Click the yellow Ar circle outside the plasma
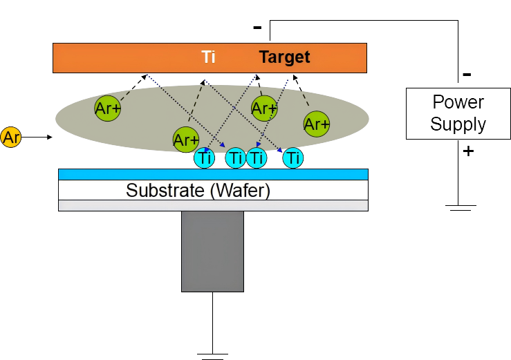[x=11, y=137]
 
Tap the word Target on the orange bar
[x=284, y=57]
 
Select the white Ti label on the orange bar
[x=208, y=57]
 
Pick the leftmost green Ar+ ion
[x=107, y=108]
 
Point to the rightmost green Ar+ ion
[x=316, y=124]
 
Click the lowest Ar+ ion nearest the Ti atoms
[x=185, y=140]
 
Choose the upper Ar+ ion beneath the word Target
[x=264, y=108]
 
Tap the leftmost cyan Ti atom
[x=204, y=158]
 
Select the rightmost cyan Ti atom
[x=293, y=158]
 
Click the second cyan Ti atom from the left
[x=236, y=158]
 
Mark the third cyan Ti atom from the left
[x=257, y=158]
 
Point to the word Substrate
[x=165, y=190]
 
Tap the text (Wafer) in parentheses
[x=240, y=190]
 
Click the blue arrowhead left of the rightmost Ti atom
[x=279, y=149]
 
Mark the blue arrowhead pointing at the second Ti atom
[x=223, y=145]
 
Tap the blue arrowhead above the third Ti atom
[x=259, y=144]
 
